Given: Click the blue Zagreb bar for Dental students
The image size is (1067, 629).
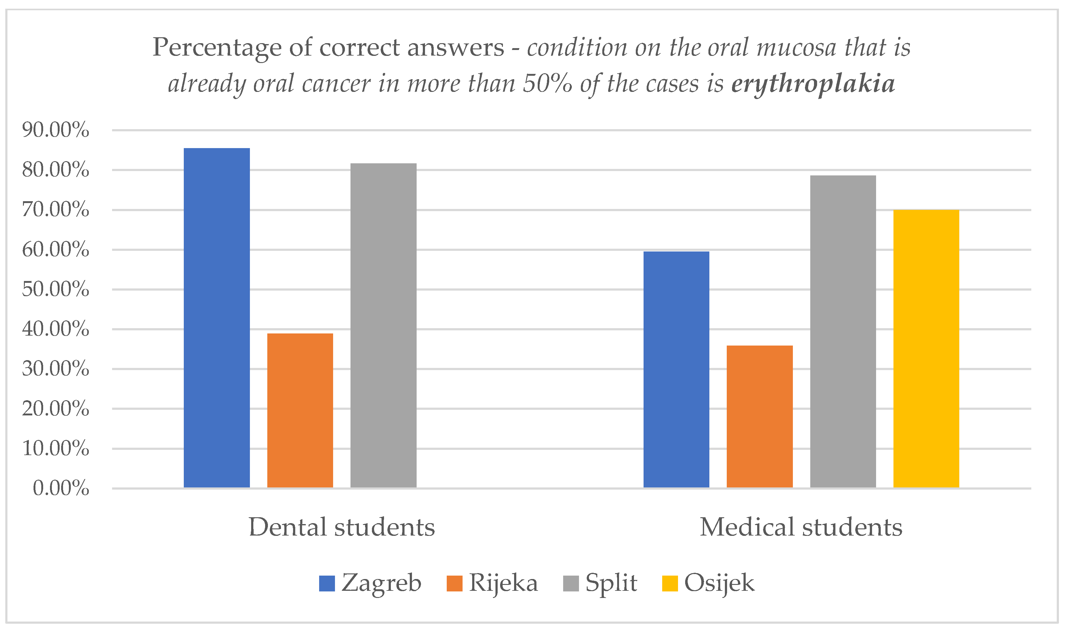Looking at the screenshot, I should pos(217,318).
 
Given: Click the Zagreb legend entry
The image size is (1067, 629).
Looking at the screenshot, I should pos(370,583).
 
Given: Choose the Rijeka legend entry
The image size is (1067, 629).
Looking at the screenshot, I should pos(492,583).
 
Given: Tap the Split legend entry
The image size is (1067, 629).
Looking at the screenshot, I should pos(600,583).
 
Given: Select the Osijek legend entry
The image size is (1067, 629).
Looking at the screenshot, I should pos(708,583).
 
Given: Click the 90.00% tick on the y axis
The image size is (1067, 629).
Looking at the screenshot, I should pos(56,130).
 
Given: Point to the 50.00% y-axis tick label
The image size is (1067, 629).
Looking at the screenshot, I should pos(56,289).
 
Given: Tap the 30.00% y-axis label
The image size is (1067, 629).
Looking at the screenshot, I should pos(56,369).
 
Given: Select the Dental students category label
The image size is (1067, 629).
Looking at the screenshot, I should pos(341,527).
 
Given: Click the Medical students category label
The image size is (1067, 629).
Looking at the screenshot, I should pos(801,527).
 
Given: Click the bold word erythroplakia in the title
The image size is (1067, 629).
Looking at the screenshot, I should pos(813,84).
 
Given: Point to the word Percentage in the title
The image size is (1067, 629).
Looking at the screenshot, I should pos(217,48).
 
